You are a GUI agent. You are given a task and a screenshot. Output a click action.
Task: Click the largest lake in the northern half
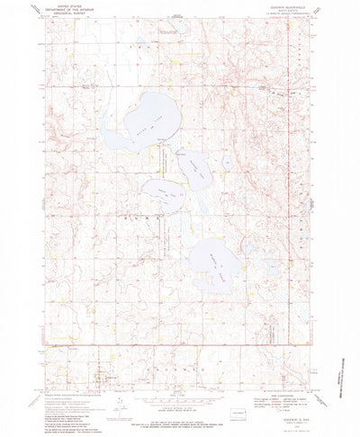tap(135, 126)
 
